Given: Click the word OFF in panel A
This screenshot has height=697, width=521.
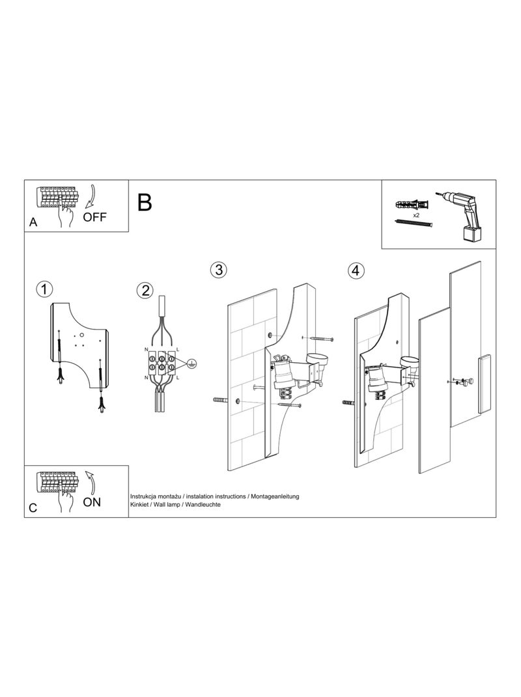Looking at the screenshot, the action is point(94,217).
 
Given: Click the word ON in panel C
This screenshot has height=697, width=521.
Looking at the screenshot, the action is point(92,502).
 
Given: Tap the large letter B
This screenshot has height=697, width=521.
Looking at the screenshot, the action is point(145,202).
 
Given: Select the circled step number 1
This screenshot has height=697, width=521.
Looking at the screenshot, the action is point(44,289).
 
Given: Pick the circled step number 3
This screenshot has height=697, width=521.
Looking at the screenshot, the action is point(218,270).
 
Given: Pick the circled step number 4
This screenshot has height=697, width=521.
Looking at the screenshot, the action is point(356,270).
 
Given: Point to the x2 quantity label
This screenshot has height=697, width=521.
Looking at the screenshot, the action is point(416,215).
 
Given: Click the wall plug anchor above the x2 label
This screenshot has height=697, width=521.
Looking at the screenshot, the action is point(412,205).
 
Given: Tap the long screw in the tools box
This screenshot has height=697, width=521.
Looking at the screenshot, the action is point(414,223).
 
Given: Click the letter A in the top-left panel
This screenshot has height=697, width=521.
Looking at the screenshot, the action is point(33,222).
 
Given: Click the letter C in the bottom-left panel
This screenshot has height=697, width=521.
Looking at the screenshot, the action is point(33,507).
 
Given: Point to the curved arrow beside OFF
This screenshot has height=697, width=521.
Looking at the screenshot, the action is point(92,195).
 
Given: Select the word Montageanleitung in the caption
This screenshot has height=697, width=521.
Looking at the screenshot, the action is point(275,496).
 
